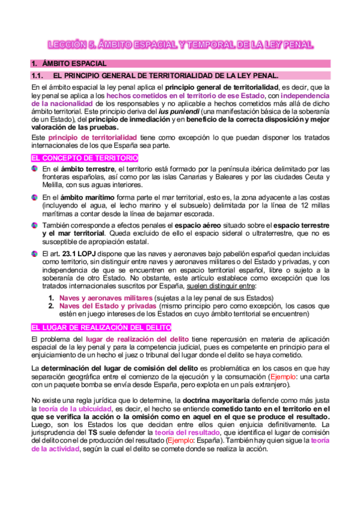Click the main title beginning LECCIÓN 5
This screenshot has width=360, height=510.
[x=180, y=45]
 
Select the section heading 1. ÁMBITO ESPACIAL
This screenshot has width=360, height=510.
[x=70, y=63]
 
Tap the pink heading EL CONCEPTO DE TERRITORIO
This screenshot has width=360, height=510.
[x=85, y=158]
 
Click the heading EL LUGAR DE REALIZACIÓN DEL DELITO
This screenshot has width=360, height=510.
[x=101, y=327]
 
